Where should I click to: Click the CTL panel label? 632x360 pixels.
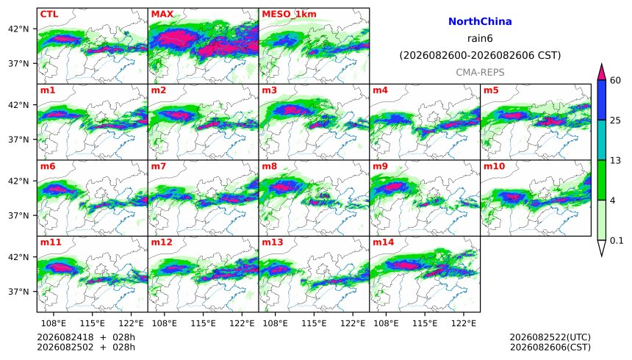point(49,14)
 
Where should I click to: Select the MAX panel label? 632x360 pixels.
point(162,14)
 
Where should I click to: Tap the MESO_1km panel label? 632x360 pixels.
point(289,14)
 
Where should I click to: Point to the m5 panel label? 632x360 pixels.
point(491,90)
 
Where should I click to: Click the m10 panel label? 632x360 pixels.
point(494,166)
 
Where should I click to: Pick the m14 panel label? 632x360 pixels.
point(383,242)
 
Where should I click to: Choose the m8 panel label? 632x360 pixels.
point(270,166)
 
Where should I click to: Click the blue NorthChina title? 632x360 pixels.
point(480,21)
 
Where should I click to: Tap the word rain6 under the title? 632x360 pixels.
point(480,38)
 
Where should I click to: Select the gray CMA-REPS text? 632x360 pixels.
point(480,72)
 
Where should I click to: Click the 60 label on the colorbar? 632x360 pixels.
point(616,80)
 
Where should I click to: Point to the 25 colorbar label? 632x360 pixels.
point(616,120)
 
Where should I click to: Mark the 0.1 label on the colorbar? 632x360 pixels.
point(617,241)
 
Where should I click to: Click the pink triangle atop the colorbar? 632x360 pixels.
point(602,72)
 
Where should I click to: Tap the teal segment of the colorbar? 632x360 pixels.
point(602,140)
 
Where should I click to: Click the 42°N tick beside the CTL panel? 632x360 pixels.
point(20,29)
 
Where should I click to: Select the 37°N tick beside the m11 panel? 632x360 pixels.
point(20,292)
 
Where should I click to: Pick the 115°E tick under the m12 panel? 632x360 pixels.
point(203,323)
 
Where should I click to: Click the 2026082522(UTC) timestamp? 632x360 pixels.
point(550,337)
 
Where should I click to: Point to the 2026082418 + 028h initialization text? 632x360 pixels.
point(86,337)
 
